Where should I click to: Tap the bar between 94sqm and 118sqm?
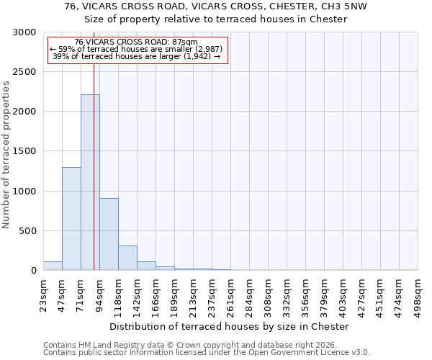pos(109,234)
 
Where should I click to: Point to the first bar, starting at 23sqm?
pos(53,266)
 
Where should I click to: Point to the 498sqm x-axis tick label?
pos(418,294)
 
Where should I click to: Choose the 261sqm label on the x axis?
pos(231,294)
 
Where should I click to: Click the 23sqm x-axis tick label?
pos(44,294)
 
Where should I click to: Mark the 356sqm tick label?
pos(306,294)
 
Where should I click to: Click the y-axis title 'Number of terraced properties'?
pos(6,155)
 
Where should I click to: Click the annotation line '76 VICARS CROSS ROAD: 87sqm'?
pos(136,42)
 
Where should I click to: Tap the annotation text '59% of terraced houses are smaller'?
pos(137,49)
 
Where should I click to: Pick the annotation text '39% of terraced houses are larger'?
pos(137,56)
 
